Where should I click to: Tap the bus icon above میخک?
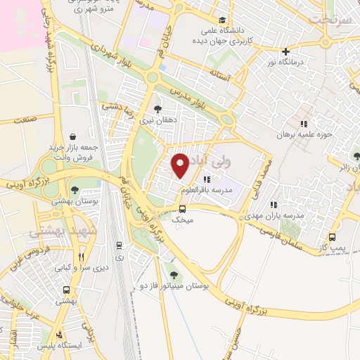pos(183,209)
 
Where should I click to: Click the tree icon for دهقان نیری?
pos(157,109)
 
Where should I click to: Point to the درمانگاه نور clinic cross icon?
pos(285,51)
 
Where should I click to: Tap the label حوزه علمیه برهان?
pos(303,134)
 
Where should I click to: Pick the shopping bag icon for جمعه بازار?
pos(73,136)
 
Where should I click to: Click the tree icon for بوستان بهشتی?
pos(75,190)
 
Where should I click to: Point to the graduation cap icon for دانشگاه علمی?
pos(223,20)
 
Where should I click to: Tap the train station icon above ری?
pos(119,245)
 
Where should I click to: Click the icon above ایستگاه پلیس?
pos(60,334)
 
